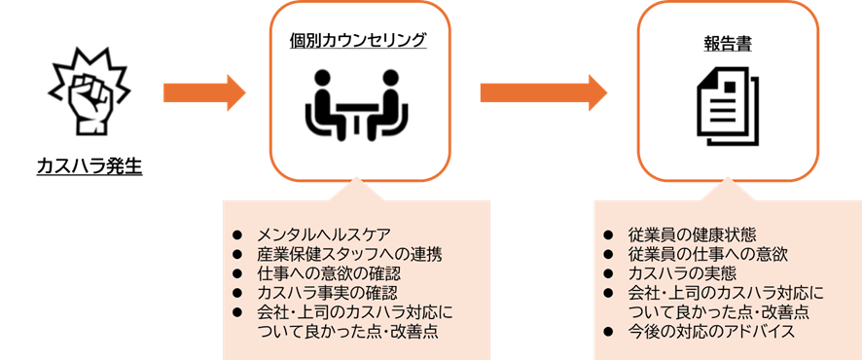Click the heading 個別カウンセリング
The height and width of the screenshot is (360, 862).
pyautogui.click(x=358, y=40)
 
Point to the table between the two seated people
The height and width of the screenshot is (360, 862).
pyautogui.click(x=358, y=115)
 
